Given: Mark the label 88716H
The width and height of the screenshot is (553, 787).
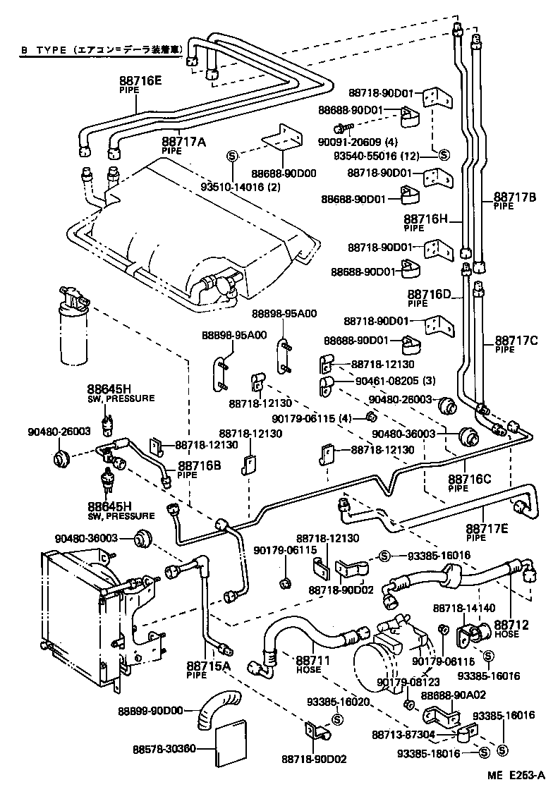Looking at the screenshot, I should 426,219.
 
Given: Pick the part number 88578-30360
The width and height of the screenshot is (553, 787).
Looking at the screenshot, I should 165,749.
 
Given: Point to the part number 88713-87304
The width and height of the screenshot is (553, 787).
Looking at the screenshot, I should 403,734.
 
